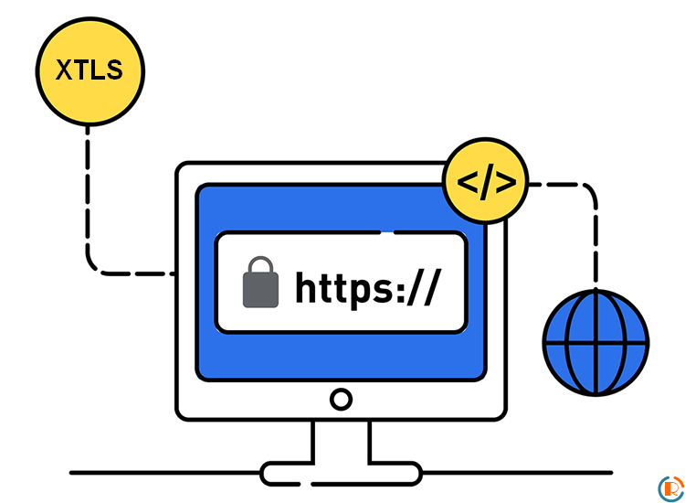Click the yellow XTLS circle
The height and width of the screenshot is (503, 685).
point(90,71)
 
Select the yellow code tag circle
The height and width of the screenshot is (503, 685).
point(486,182)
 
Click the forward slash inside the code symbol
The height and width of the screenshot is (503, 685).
point(486,182)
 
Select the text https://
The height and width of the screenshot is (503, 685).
point(367,285)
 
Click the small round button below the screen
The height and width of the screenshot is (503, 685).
point(341,399)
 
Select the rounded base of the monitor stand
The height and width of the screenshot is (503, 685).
point(341,473)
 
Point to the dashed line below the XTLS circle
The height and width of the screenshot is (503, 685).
point(89,201)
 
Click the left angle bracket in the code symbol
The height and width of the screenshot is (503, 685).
point(468,182)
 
